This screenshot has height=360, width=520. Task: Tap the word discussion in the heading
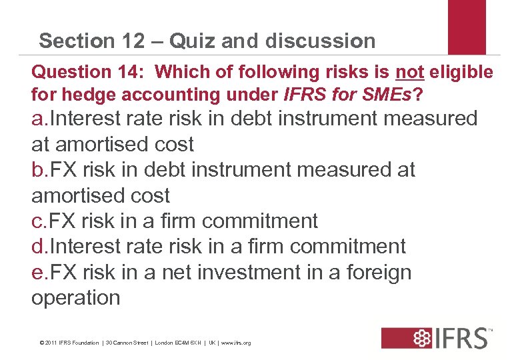pos(320,41)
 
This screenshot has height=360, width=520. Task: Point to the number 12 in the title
pos(131,41)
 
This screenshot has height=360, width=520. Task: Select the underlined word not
pos(410,71)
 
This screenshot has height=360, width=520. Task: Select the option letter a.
pos(39,119)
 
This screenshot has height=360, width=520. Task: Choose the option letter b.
pos(39,170)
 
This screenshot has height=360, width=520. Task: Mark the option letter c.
pos(38,221)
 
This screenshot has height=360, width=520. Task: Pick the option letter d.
pos(39,247)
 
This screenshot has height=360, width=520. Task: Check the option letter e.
pos(39,273)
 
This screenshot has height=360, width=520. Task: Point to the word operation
pos(76,298)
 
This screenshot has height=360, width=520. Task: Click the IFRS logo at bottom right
pos(437,337)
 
